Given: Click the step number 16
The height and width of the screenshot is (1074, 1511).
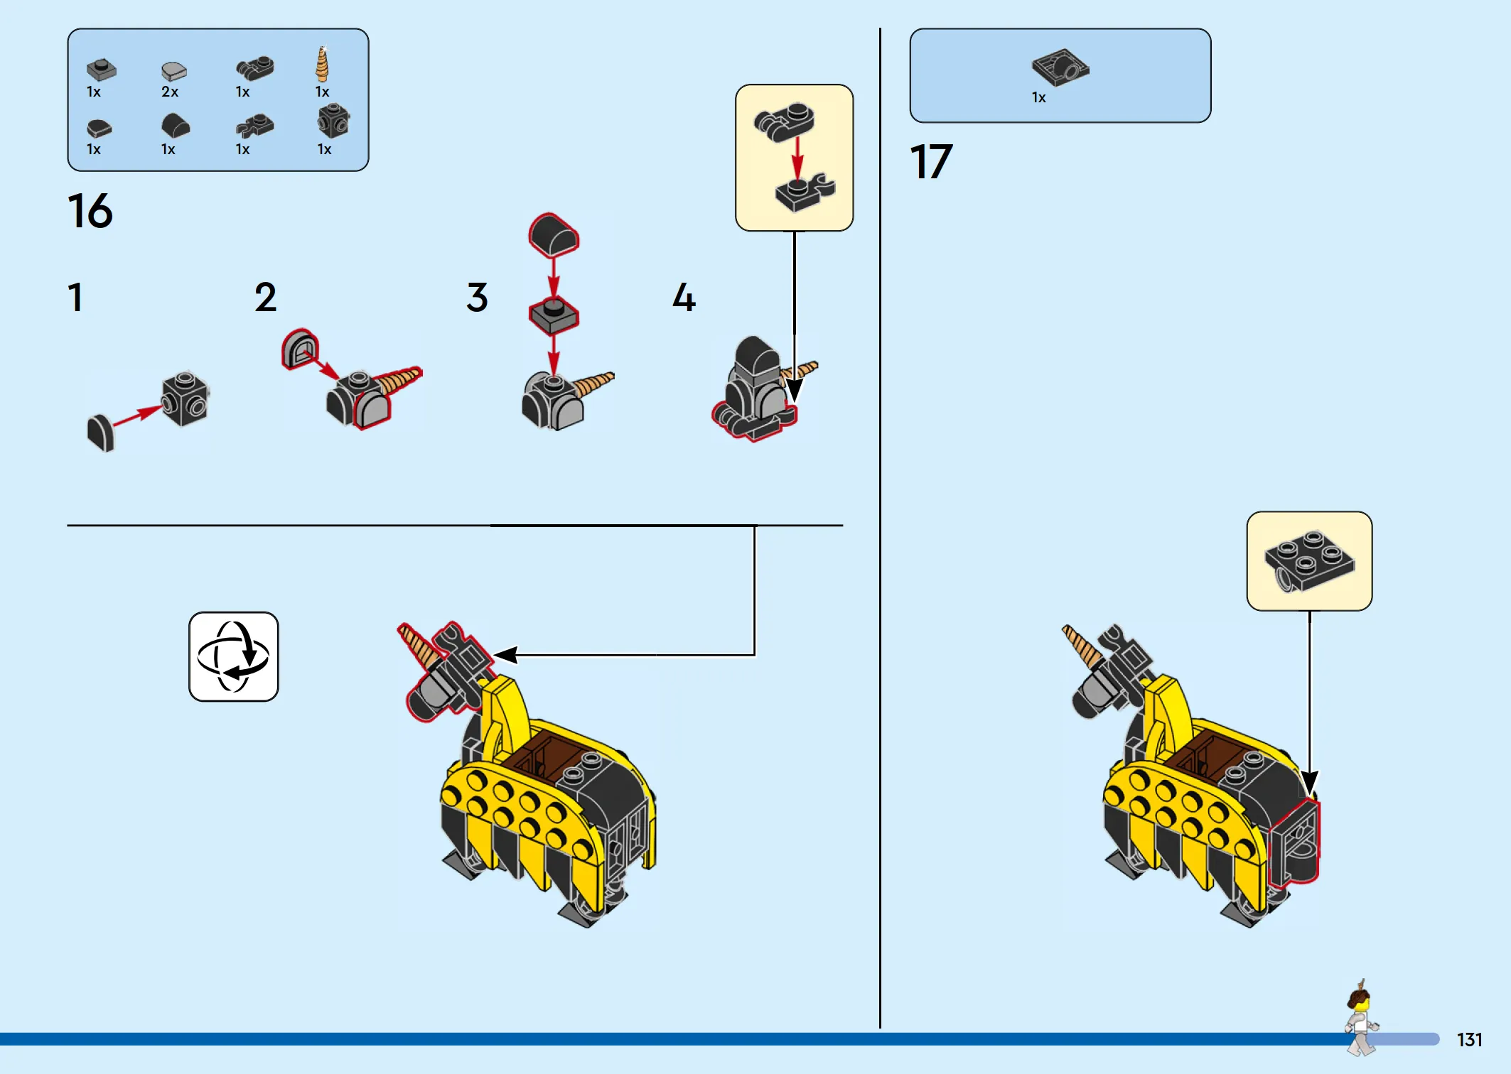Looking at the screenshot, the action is click(x=90, y=211).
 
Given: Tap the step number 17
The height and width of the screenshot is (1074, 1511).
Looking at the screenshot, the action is click(x=931, y=162).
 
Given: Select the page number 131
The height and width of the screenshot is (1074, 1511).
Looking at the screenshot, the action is click(x=1470, y=1040).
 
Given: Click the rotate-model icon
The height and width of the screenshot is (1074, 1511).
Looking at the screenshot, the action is click(x=234, y=657).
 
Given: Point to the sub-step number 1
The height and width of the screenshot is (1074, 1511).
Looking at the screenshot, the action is click(x=75, y=298).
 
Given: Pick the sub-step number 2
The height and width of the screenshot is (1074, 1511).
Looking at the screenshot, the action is click(x=266, y=298).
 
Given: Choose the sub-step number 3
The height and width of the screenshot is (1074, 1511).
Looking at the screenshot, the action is click(x=478, y=298).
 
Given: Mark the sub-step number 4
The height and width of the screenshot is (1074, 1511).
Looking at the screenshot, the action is click(x=684, y=298).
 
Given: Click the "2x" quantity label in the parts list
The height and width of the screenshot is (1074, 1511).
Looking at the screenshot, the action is click(x=170, y=92).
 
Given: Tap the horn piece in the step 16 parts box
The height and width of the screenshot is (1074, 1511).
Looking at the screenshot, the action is click(x=323, y=64).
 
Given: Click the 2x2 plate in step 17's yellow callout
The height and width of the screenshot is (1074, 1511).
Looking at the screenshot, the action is click(x=1309, y=561).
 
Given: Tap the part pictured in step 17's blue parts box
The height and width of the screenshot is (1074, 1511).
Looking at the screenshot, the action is click(x=1060, y=67).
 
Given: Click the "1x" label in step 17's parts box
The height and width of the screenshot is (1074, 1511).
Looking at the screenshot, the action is click(x=1039, y=98).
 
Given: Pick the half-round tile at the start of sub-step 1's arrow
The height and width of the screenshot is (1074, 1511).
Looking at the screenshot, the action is click(x=101, y=433).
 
